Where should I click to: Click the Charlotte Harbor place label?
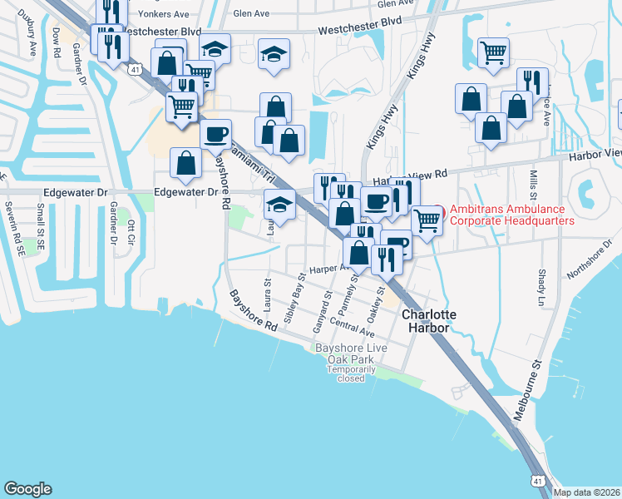coord(427,321)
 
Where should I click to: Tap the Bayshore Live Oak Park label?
coord(343,353)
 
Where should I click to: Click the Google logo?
coord(27,489)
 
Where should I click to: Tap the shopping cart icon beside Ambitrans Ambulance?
coord(427,220)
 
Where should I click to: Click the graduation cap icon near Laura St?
coord(279,205)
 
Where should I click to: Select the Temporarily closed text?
coord(346,373)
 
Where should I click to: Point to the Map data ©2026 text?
coord(586,492)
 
